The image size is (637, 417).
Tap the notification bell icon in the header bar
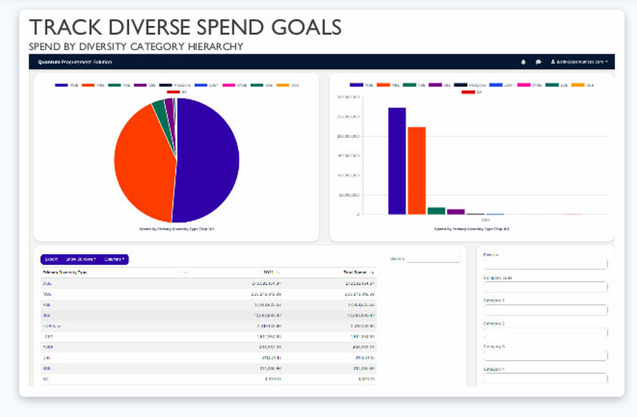(x=523, y=62)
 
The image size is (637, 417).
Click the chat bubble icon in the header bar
(x=538, y=62)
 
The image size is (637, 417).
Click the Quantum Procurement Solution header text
(x=75, y=62)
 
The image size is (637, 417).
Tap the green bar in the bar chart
(x=436, y=211)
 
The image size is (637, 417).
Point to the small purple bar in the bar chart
(x=455, y=211)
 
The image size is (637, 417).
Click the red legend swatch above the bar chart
(x=468, y=92)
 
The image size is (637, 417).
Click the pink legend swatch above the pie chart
(x=225, y=85)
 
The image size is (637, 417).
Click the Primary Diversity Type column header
(x=61, y=272)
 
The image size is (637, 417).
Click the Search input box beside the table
(x=433, y=259)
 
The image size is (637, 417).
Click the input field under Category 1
(x=545, y=310)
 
